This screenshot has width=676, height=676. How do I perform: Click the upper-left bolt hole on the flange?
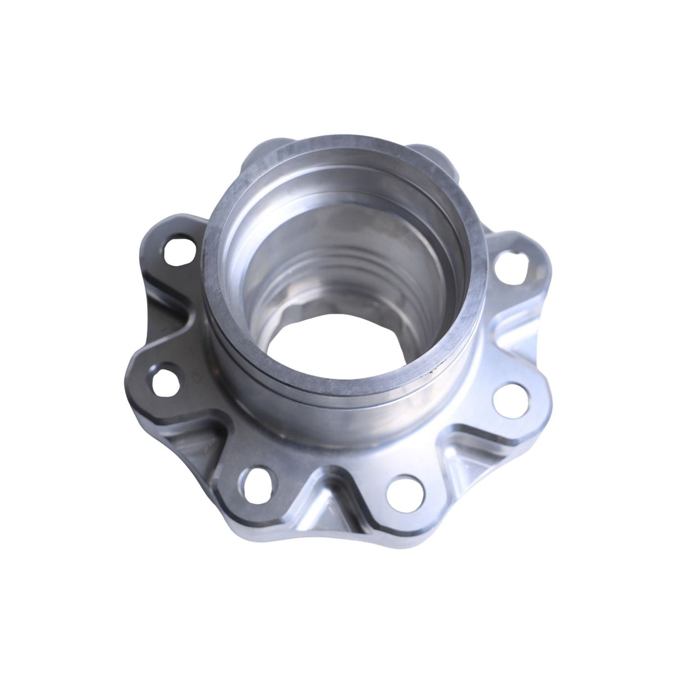point(179,251)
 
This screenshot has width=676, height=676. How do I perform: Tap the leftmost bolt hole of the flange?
point(166,382)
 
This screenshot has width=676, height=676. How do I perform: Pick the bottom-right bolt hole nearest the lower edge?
point(405,493)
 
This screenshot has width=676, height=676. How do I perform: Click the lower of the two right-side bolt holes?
point(510,401)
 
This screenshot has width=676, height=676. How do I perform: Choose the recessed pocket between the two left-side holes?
point(164,313)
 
